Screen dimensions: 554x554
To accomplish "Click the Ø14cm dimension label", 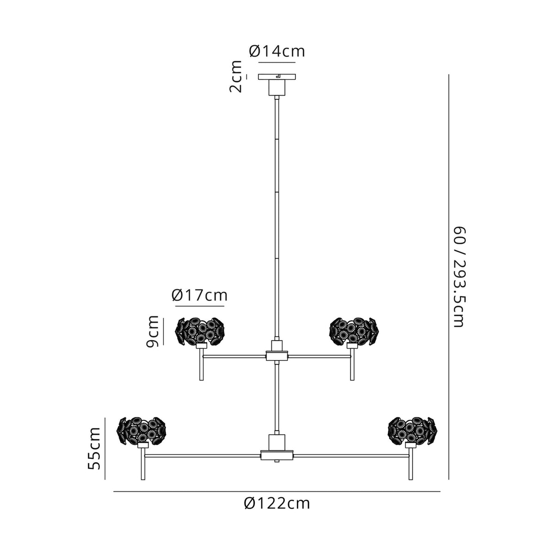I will [277, 51].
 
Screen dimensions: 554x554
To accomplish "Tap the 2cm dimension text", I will [236, 77].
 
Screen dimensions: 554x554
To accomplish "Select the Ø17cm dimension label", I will [199, 295].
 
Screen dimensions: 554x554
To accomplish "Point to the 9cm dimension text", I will [152, 331].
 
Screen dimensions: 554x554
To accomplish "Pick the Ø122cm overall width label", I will [277, 503].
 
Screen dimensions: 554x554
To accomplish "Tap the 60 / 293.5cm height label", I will [458, 277].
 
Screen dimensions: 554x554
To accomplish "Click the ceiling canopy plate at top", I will [277, 77].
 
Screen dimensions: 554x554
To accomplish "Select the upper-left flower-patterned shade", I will [200, 330].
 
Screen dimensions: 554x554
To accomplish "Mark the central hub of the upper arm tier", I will [277, 355].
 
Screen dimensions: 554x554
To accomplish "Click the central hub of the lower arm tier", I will [277, 456].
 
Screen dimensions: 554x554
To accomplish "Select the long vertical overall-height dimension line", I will [449, 277].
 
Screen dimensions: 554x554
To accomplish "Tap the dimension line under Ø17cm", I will [199, 306].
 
